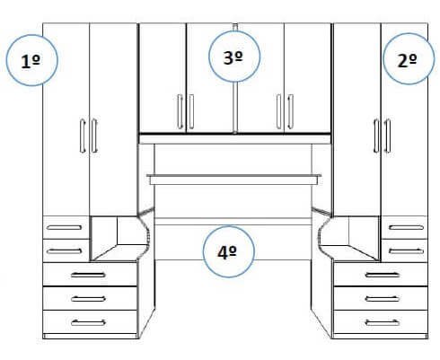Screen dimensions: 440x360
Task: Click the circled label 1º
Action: pos(31,61)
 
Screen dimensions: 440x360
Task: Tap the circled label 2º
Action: pos(409,59)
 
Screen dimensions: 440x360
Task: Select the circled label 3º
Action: pos(234,57)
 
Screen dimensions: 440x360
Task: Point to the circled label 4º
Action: pos(228,251)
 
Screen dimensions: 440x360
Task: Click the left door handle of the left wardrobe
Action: pos(83,136)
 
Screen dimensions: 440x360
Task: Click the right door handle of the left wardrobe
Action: pos(94,136)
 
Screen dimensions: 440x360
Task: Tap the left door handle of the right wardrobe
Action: pos(376,136)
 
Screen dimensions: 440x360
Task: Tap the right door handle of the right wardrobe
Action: pos(388,136)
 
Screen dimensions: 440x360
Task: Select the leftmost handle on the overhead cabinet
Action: pos(180,111)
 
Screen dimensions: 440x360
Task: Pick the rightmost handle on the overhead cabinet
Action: pos(290,111)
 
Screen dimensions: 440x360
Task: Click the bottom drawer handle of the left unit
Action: pos(88,322)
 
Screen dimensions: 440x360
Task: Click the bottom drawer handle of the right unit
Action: pos(383,322)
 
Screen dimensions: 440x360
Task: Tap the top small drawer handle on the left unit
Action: pos(64,227)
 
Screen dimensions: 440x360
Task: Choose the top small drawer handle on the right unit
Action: pos(406,227)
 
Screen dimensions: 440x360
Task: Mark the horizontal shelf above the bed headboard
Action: pos(234,180)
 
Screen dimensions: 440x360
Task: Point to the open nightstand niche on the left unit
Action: pos(119,238)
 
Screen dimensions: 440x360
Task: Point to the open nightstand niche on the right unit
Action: pos(349,238)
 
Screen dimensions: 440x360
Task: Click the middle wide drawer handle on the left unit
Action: pos(88,299)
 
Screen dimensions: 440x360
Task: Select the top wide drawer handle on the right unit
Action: pos(383,275)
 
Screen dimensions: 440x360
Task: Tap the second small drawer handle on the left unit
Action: pos(64,250)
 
